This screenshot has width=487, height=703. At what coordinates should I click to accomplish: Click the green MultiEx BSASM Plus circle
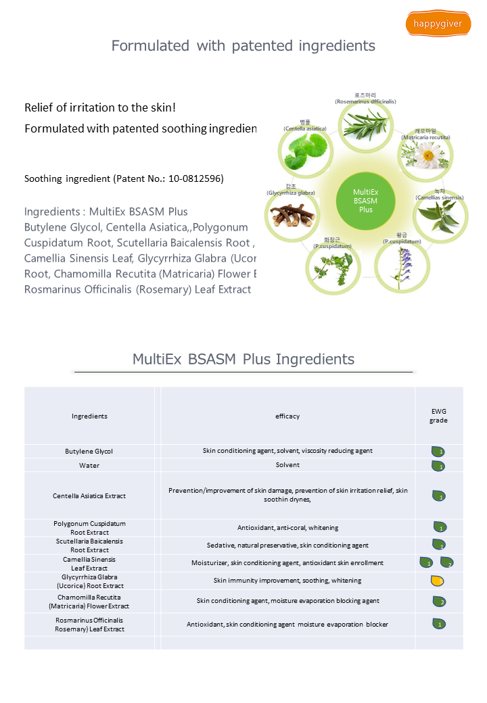pos(365,201)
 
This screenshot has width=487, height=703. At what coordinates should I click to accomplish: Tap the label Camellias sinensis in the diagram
pos(439,198)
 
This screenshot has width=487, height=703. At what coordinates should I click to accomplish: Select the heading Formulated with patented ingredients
pos(243,46)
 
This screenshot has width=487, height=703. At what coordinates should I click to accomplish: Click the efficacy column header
pos(287,416)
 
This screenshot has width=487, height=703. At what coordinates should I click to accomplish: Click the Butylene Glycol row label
pos(89,451)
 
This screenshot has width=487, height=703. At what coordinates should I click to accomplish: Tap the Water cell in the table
pos(89,466)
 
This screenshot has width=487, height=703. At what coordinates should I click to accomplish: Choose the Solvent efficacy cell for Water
pos(287,466)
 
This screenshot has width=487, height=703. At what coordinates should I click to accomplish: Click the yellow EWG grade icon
pos(438,580)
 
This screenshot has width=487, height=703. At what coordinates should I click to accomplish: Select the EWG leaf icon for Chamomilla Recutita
pos(438,602)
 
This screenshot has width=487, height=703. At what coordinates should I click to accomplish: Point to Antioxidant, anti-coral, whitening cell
pos(287,528)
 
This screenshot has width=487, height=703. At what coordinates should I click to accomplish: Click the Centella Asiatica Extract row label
pos(89,495)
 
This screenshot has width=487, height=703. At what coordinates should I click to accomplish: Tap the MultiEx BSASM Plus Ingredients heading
pos(243,359)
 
